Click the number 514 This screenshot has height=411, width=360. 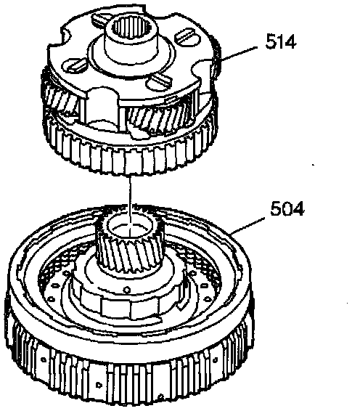click(x=281, y=41)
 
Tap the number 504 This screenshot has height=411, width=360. click(x=287, y=208)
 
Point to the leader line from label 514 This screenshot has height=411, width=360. click(x=239, y=54)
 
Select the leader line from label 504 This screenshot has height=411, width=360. click(x=247, y=225)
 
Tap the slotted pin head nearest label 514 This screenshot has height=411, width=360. click(x=185, y=36)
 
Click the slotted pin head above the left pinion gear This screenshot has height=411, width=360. click(x=75, y=65)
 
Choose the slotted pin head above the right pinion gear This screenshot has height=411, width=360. click(x=159, y=81)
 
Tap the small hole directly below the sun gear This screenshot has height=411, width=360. click(x=127, y=290)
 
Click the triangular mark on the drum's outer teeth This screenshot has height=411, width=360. click(x=99, y=386)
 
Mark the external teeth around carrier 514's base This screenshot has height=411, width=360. click(x=131, y=155)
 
